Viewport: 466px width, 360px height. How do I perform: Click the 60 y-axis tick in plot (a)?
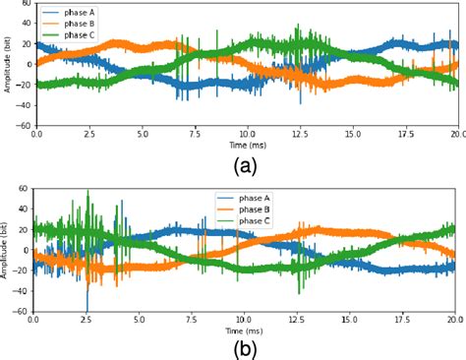(25, 4)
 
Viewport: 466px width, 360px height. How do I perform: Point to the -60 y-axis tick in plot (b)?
(22, 312)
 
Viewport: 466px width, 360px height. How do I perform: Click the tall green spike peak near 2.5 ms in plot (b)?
(88, 192)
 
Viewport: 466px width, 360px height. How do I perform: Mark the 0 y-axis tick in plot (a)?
(28, 65)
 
